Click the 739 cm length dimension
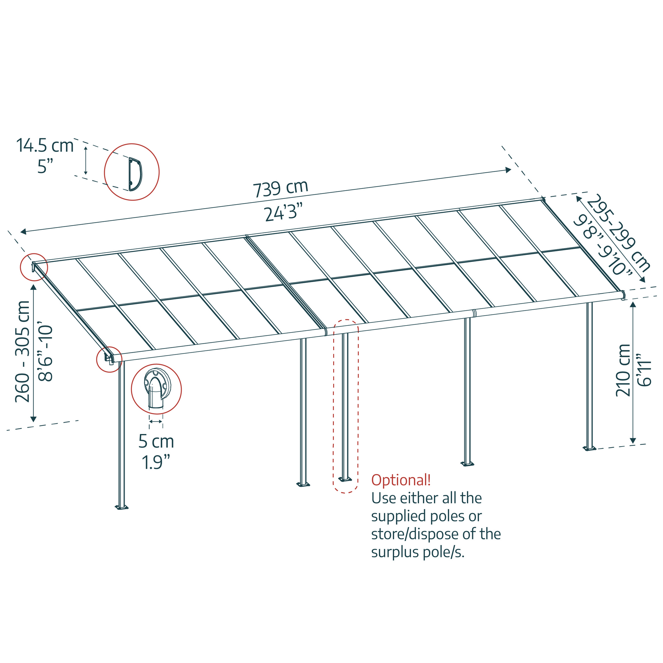280,188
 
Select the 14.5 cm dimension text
45,146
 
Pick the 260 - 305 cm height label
23,351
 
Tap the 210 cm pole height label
623,370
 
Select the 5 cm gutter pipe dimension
156,441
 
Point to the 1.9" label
156,462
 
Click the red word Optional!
400,480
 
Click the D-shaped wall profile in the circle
135,174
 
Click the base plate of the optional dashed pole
345,479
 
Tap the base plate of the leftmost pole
121,507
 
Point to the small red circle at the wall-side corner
33,267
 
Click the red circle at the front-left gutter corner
109,359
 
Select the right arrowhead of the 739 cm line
509,170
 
